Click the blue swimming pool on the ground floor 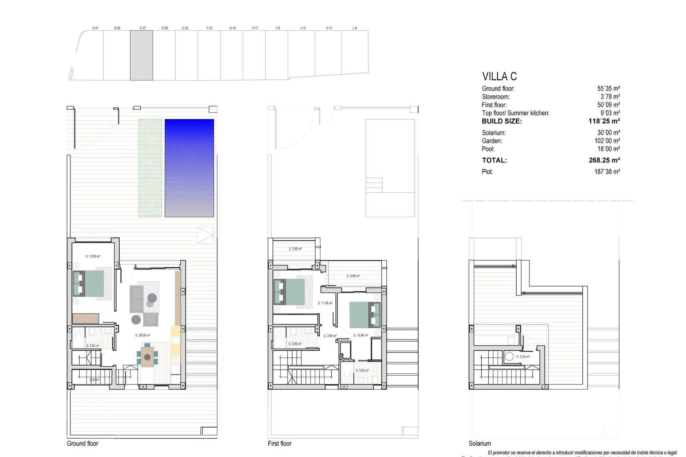[189, 168]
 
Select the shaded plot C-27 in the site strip [141, 55]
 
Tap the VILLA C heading [499, 76]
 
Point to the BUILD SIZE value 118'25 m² [604, 121]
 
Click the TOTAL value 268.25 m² [604, 160]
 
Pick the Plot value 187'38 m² [607, 172]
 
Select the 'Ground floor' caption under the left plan [83, 443]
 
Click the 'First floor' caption [279, 443]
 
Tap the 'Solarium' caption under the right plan [479, 443]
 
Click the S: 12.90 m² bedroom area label [93, 256]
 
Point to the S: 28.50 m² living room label [143, 336]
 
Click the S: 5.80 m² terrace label [353, 276]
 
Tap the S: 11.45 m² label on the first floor [325, 303]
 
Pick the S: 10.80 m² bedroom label [361, 336]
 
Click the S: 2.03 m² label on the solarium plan [523, 357]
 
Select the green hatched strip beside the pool [150, 168]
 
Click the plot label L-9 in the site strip [354, 28]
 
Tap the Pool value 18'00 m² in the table [608, 149]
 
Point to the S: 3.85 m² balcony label [295, 249]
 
